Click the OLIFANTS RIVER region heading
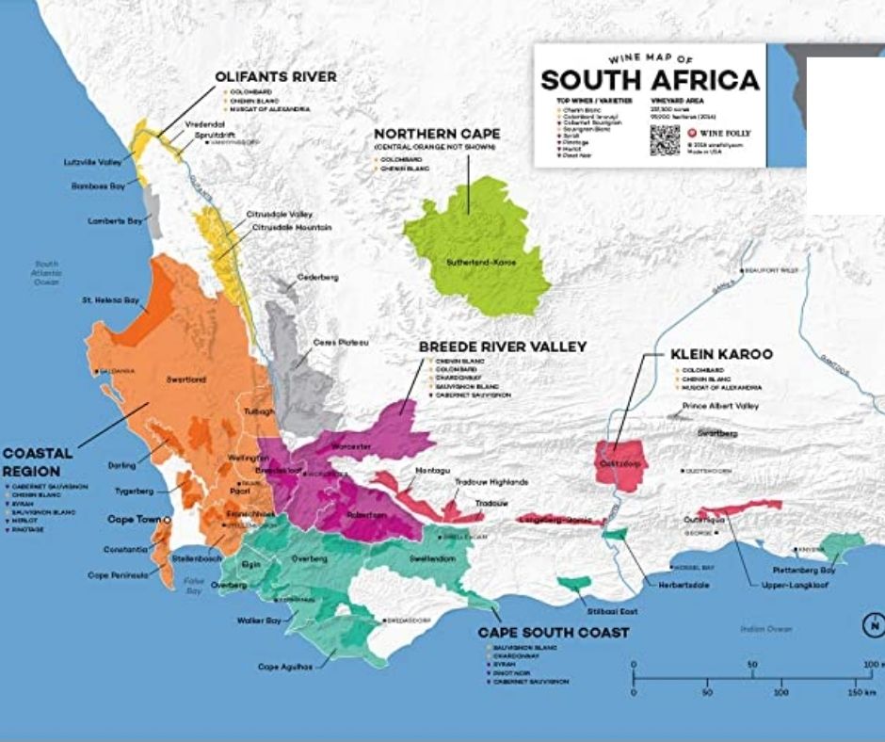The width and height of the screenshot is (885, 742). [x=275, y=76]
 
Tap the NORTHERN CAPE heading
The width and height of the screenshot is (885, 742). [x=437, y=134]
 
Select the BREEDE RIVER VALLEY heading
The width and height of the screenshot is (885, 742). [x=502, y=347]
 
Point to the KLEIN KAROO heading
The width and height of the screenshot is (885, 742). [x=721, y=354]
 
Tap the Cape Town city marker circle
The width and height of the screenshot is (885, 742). [x=167, y=519]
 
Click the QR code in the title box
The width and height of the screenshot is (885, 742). [x=664, y=139]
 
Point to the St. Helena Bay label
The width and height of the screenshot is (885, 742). [x=110, y=300]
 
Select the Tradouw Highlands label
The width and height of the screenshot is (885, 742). [x=491, y=481]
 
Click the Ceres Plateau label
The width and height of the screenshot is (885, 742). [x=340, y=341]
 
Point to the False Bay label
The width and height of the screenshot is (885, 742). [x=194, y=586]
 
